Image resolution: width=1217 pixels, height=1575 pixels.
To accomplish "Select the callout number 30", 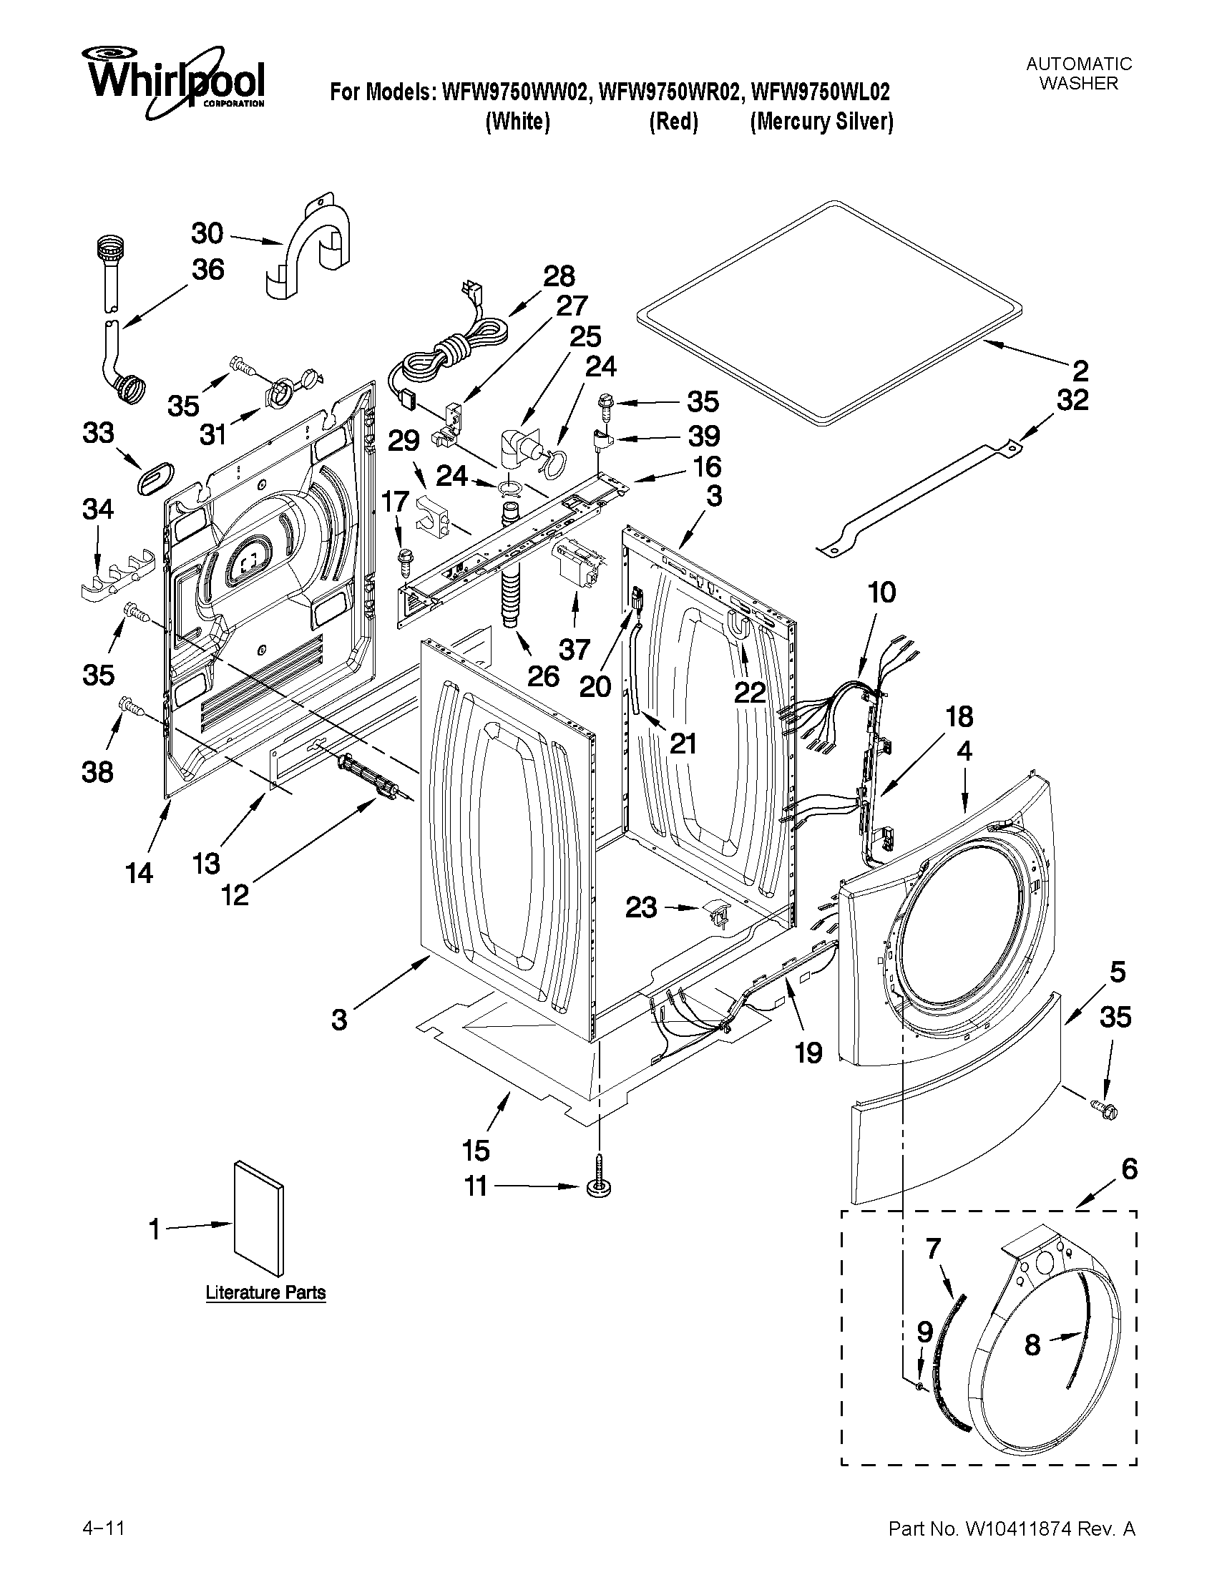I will (x=207, y=234).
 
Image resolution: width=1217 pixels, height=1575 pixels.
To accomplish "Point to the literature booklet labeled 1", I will (x=258, y=1218).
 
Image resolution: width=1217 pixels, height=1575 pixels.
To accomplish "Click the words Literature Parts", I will (x=265, y=1292).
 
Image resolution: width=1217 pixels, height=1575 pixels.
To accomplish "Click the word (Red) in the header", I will (x=673, y=122).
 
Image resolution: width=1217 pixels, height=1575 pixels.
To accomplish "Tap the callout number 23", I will (x=641, y=907).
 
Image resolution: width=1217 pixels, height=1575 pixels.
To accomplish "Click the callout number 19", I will (x=808, y=1053).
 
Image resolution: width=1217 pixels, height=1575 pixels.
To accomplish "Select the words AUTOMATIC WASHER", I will (x=1079, y=74).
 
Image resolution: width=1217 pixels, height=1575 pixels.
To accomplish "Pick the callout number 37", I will (x=575, y=650).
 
